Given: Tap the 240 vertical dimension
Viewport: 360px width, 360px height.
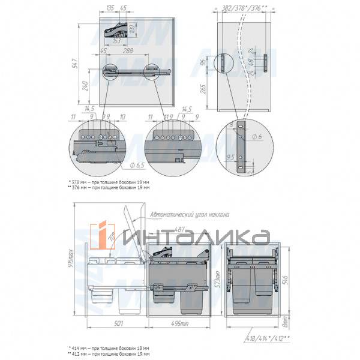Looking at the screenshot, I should (x=85, y=86).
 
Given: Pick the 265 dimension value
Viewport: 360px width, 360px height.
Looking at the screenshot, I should (x=205, y=89).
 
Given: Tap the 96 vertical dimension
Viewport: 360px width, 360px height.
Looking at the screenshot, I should (x=205, y=61).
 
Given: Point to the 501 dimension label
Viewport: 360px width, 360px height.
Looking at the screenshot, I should (x=117, y=326).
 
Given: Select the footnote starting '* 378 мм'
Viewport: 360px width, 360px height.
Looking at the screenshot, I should (x=109, y=181).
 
